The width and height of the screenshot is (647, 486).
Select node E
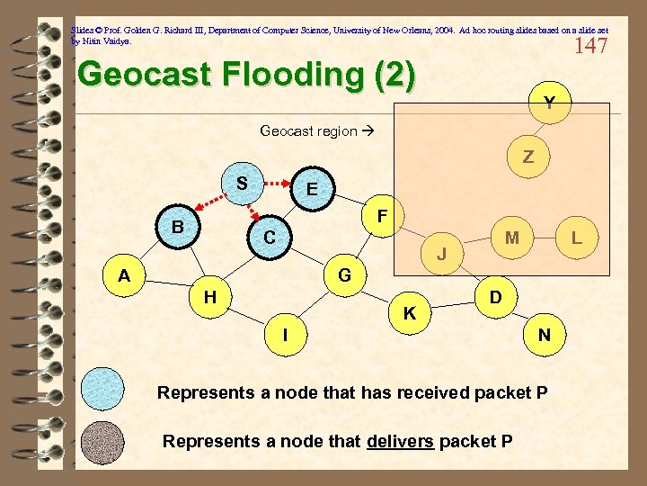point(311,189)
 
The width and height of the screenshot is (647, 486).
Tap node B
point(178,228)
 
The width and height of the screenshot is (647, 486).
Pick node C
point(269,238)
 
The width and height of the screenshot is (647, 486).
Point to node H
point(208,296)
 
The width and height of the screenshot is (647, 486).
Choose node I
point(285,334)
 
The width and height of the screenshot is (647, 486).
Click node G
point(343,274)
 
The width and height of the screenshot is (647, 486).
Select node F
point(382,217)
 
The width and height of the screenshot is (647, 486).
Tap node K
point(409,313)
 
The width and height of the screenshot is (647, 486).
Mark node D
point(494,296)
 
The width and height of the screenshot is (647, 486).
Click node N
point(545,335)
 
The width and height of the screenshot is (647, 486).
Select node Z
point(528,157)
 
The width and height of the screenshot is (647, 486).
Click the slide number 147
point(589,46)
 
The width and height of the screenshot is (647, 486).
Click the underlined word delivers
point(400,441)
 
